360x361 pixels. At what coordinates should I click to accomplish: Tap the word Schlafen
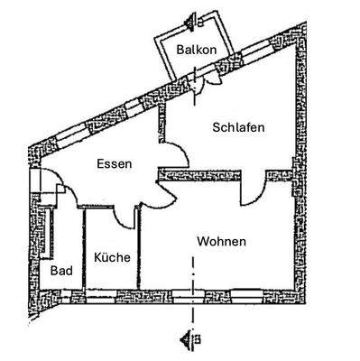point(238,127)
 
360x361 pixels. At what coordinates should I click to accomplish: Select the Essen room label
point(115,164)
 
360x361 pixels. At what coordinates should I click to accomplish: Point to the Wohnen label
point(222,242)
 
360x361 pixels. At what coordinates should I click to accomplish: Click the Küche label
point(112,257)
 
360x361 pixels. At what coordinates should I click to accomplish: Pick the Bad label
point(61,270)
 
